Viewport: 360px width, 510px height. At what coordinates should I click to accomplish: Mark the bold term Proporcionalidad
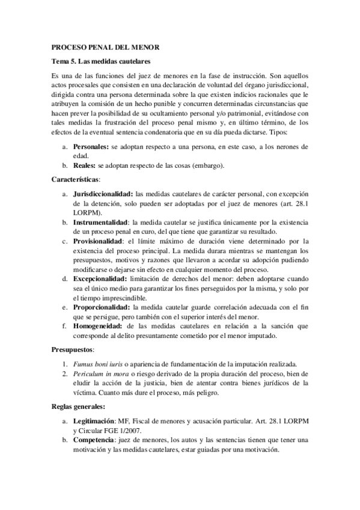tap(101, 306)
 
